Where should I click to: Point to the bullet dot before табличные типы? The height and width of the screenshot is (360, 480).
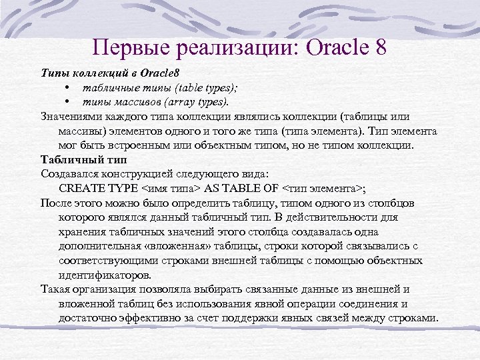pos(68,87)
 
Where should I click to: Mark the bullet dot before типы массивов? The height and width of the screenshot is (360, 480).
pos(68,102)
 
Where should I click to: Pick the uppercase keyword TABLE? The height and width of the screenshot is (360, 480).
pos(243,188)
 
